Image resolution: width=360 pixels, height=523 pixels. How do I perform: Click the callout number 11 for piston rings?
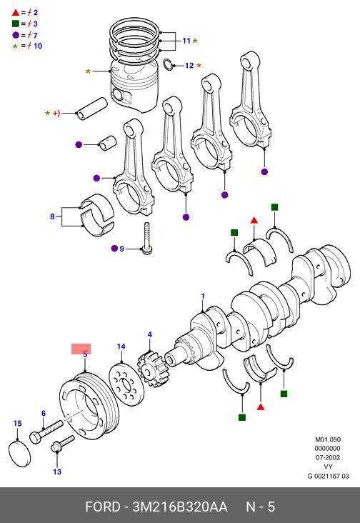[186, 41]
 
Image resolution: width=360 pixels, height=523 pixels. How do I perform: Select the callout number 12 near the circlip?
[189, 66]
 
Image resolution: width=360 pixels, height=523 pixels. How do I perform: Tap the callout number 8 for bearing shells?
[52, 216]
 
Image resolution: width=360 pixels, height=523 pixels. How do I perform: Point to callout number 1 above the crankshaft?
[203, 296]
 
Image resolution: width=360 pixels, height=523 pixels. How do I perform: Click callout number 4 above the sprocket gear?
[150, 334]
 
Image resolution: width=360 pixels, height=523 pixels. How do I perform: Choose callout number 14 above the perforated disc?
[121, 347]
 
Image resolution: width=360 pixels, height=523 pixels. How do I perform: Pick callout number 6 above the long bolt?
[44, 413]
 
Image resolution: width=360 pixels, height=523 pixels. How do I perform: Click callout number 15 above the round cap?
[17, 423]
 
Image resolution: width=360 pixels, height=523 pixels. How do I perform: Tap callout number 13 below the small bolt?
[57, 472]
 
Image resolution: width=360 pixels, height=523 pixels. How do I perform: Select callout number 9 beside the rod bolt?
[121, 249]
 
